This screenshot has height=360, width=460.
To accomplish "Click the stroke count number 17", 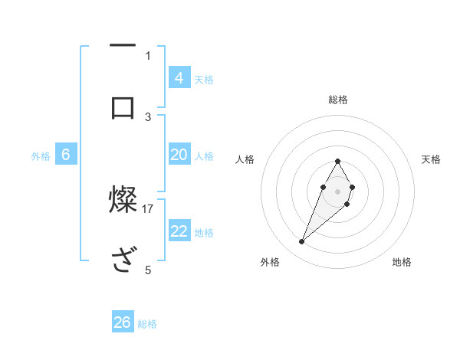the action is (x=148, y=208).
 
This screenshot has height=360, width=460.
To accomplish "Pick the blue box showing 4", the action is (x=179, y=78).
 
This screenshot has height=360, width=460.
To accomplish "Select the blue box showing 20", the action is (x=179, y=155).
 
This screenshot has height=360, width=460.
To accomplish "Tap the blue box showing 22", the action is (x=179, y=231).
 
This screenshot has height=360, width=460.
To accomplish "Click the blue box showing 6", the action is (x=65, y=155).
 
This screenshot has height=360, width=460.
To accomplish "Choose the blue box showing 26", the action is (x=123, y=322).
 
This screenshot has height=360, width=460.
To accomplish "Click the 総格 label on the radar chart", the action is (x=338, y=100).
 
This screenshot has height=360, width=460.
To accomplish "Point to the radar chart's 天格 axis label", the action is (x=432, y=159).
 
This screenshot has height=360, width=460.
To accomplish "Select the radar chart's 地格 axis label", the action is (x=402, y=262).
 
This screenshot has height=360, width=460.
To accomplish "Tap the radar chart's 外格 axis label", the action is (x=270, y=262).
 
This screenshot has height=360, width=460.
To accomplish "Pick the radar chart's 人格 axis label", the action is (x=245, y=159).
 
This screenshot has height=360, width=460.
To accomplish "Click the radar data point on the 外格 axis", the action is (x=301, y=242).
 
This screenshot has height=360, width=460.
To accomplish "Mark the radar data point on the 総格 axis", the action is (x=338, y=161).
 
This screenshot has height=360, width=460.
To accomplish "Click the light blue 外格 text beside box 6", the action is (x=41, y=155).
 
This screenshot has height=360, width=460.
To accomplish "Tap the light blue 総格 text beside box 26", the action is (x=147, y=324).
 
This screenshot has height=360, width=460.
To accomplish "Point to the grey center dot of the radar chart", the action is (x=338, y=191).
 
